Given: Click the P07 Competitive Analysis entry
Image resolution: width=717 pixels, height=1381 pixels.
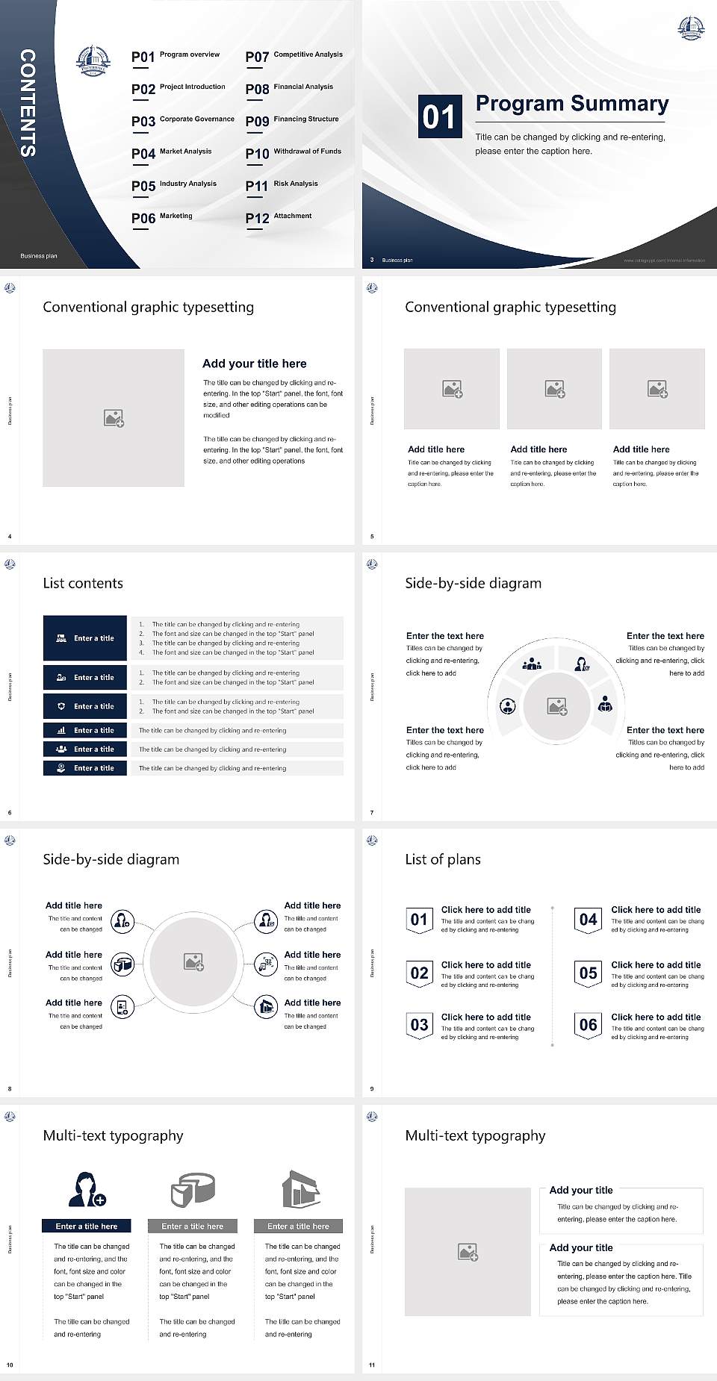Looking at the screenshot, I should [294, 56].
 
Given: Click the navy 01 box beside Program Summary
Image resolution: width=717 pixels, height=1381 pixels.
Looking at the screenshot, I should [438, 116].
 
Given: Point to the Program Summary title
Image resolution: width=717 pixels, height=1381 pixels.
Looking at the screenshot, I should [571, 104].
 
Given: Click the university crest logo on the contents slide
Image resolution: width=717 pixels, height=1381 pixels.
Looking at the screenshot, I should [93, 60].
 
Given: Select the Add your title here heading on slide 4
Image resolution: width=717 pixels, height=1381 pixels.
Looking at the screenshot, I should [254, 364].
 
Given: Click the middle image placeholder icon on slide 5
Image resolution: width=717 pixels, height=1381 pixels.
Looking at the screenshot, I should [554, 389].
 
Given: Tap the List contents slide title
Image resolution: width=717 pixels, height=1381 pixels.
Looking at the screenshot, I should [83, 583].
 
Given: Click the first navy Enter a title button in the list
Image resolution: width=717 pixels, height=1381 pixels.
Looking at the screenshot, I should [85, 638].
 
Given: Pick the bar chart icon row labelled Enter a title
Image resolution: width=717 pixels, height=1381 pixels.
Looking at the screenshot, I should [85, 730].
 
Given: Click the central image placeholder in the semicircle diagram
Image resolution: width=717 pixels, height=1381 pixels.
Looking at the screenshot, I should [557, 706].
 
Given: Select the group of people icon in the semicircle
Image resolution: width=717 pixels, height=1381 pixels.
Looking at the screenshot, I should [532, 663].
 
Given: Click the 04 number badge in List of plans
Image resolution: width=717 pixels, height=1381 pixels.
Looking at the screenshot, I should [588, 920].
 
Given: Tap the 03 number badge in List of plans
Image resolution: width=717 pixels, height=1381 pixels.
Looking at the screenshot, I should [419, 1025].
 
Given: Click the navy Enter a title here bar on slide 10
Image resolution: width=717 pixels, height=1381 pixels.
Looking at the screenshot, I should [87, 1226].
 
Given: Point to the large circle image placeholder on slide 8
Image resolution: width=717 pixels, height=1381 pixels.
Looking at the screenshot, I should [194, 962].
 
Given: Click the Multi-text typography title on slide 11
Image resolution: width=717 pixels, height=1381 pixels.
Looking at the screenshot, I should [475, 1135].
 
